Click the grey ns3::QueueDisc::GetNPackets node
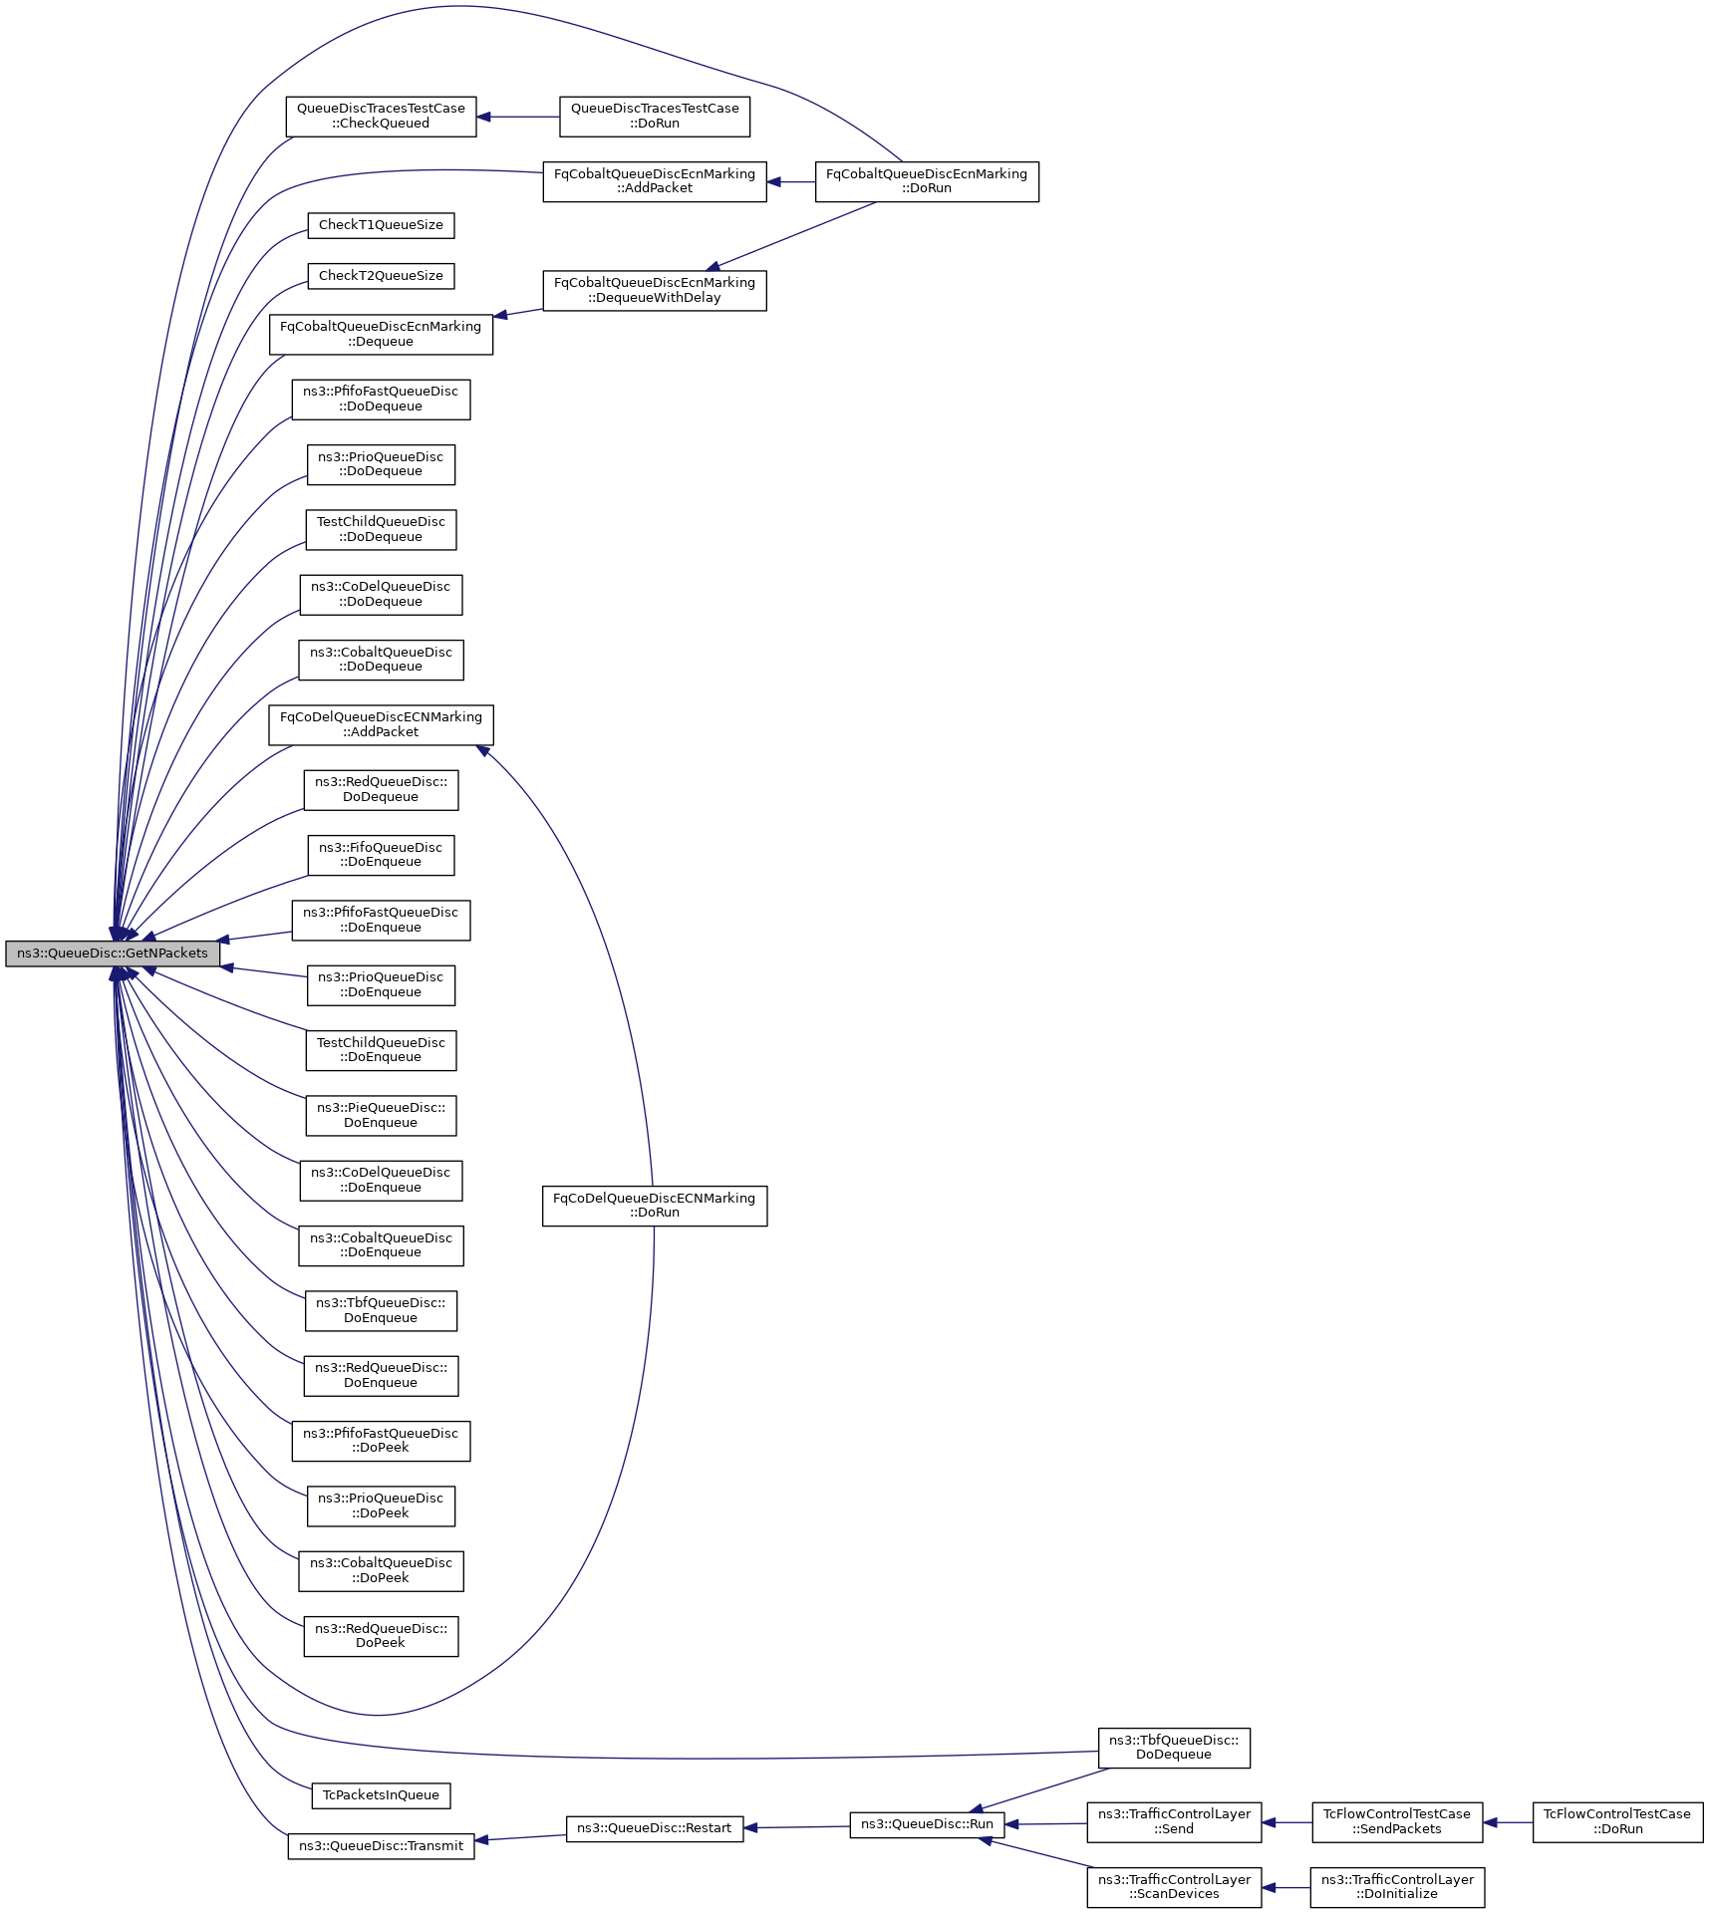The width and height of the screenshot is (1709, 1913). pos(112,954)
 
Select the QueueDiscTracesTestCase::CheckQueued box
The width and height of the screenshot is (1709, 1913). pos(381,117)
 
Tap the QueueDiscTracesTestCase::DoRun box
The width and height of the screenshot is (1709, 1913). pos(655,117)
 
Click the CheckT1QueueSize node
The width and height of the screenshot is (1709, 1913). pos(381,225)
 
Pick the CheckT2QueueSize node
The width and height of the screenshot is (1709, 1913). pos(381,276)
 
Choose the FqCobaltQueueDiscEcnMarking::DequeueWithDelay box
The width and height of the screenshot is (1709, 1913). pos(655,291)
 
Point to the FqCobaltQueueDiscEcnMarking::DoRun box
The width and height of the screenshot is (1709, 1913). pos(927,181)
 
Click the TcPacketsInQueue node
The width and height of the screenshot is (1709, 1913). pos(381,1795)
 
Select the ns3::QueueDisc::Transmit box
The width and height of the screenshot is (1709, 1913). pos(381,1846)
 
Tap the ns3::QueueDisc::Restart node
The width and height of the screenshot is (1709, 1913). pos(655,1828)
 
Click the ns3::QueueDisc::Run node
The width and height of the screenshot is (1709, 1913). pos(927,1824)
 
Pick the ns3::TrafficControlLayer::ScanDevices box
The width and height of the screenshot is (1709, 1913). pos(1174,1887)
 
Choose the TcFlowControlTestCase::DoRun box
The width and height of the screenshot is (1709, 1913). pos(1617,1822)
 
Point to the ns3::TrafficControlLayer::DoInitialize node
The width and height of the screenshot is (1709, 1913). pos(1397,1887)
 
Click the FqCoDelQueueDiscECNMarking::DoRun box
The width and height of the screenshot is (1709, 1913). pos(655,1206)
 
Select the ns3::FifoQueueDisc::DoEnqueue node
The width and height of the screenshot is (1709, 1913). pos(381,855)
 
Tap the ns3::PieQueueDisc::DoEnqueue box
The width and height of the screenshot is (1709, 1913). pos(381,1115)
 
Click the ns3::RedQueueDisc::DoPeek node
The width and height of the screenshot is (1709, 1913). pos(381,1636)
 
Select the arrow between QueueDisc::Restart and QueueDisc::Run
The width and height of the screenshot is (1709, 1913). pos(797,1827)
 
